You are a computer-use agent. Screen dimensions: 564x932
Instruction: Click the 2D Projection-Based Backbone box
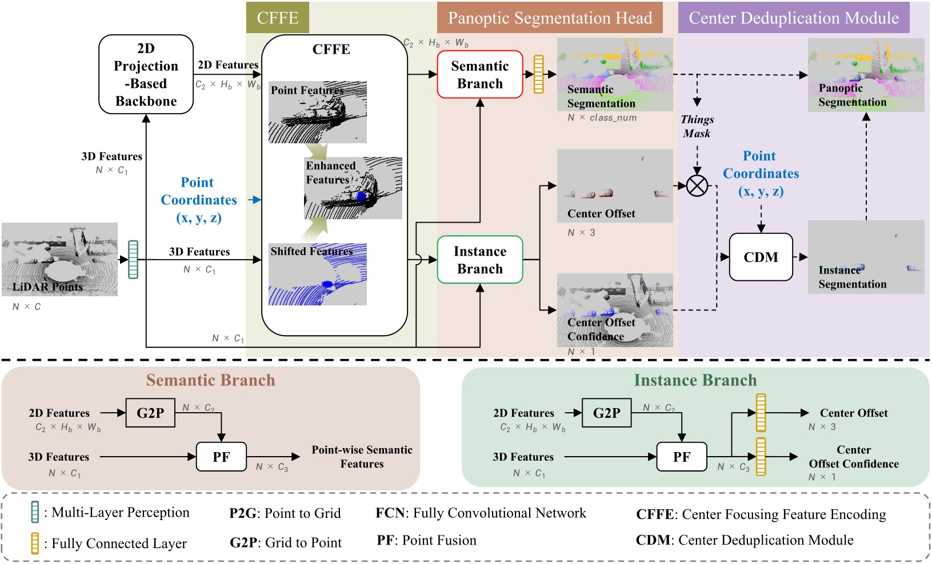[146, 74]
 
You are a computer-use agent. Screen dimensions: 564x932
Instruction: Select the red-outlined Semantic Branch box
[479, 74]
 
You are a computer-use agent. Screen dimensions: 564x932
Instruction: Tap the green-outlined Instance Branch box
[479, 260]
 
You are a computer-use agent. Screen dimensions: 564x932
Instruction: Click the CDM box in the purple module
[761, 257]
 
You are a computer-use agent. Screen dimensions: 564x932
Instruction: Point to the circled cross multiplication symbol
[697, 186]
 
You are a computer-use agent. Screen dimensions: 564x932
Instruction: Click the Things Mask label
[697, 126]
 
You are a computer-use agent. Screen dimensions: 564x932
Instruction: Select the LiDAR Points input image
[59, 259]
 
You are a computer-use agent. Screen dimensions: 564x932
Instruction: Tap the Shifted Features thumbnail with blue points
[317, 274]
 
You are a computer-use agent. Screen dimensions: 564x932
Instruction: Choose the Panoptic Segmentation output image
[866, 75]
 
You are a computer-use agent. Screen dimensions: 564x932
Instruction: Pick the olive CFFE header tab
[278, 18]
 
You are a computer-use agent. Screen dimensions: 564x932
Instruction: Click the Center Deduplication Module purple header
[794, 18]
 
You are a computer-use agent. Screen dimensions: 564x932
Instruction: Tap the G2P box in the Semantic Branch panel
[150, 413]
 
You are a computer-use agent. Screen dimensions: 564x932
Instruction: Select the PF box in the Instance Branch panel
[681, 457]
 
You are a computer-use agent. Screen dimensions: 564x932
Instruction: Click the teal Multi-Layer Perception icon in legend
[35, 512]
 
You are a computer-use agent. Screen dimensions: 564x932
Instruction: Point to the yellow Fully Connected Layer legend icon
[35, 543]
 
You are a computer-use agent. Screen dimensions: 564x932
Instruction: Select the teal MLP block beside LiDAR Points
[133, 260]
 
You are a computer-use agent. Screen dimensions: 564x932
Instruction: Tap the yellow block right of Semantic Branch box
[538, 74]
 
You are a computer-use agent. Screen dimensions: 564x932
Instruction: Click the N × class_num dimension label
[602, 118]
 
